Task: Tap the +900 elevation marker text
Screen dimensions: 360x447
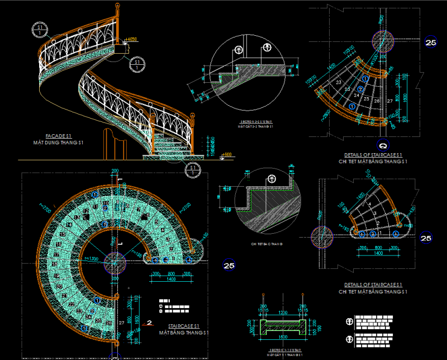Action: click(227, 155)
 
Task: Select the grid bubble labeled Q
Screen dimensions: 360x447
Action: click(383, 143)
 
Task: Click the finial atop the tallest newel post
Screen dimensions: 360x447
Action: click(118, 8)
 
